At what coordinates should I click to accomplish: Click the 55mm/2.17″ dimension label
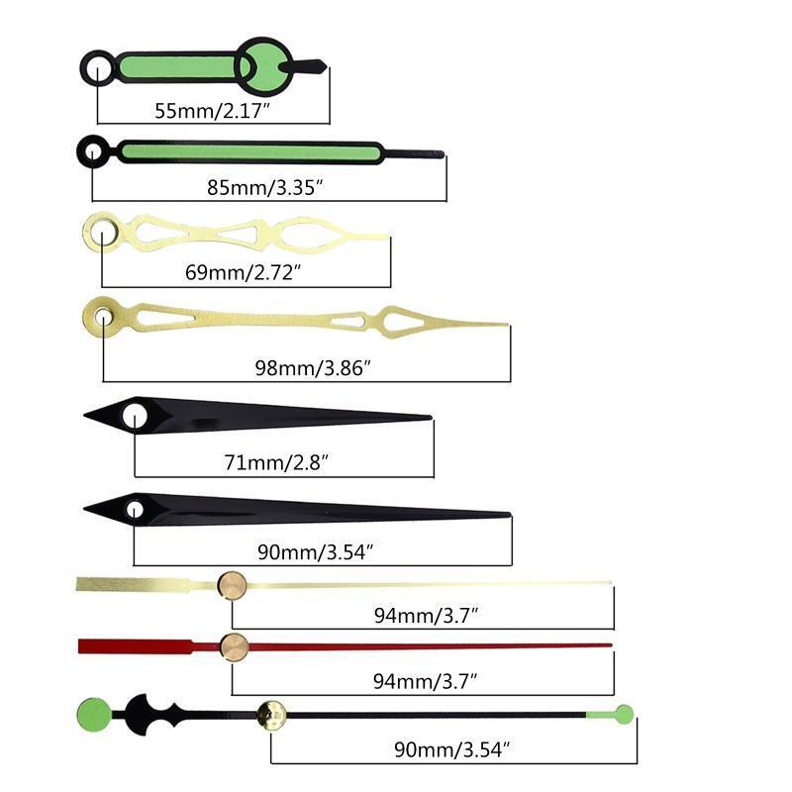point(213,111)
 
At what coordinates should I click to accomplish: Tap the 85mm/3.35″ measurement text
point(264,187)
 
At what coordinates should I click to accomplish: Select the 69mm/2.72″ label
point(243,272)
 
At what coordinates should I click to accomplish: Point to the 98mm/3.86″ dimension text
point(313,367)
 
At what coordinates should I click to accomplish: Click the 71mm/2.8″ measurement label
point(276,462)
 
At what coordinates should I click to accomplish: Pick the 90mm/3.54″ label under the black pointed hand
point(315,552)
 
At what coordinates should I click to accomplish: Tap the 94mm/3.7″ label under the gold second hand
point(426,615)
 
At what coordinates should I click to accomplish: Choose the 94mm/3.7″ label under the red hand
point(425,681)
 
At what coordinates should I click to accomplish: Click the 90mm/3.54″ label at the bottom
point(452,749)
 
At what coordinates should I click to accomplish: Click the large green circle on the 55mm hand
point(263,66)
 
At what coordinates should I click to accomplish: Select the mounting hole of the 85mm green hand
point(93,151)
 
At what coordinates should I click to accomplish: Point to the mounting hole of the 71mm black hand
point(135,417)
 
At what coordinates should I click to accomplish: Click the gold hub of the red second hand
point(234,647)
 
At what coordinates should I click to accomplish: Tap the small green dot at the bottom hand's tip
point(625,714)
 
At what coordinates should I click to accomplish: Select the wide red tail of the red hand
point(137,646)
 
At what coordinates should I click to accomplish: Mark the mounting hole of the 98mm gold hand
point(103,317)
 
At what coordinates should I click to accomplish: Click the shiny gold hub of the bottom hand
point(271,715)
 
